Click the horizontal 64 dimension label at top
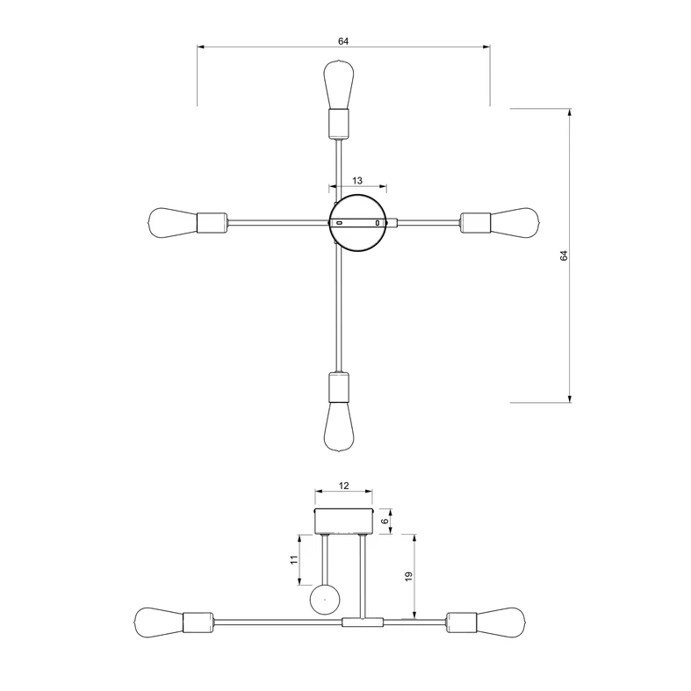point(342,40)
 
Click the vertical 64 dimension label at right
point(565,256)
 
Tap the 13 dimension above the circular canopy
point(357,180)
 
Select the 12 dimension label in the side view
point(344,485)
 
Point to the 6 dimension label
point(385,521)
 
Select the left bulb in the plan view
point(172,222)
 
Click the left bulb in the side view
point(159,623)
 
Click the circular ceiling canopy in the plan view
point(357,223)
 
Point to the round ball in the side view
point(325,601)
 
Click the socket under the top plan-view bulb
point(338,123)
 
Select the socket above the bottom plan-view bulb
point(338,386)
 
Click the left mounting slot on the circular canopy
point(339,223)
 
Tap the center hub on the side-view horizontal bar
point(363,623)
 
